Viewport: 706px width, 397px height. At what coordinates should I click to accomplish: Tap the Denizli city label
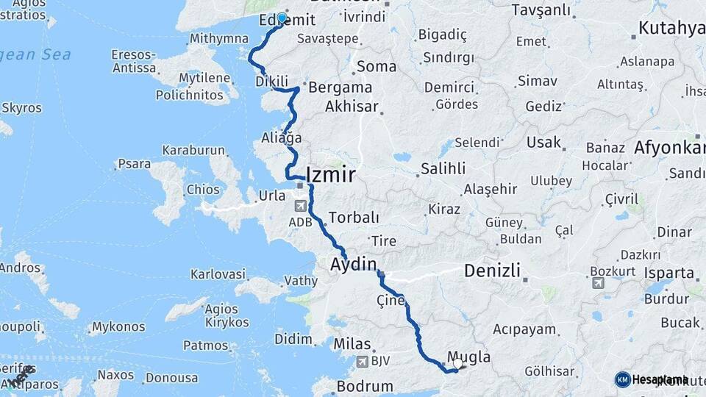(x=492, y=271)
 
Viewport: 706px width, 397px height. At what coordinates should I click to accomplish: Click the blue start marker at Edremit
(x=282, y=17)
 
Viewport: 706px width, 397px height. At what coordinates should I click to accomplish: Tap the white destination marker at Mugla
(x=458, y=362)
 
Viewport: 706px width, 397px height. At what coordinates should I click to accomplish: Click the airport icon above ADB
(x=300, y=207)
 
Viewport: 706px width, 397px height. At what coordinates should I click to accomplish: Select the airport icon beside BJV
(x=362, y=362)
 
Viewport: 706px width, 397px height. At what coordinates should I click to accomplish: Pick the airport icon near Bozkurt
(x=596, y=283)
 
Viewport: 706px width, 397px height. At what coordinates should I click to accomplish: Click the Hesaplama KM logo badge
(x=623, y=379)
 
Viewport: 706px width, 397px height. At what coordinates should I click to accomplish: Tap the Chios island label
(x=202, y=190)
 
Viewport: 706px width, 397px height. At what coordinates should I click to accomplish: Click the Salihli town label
(x=443, y=168)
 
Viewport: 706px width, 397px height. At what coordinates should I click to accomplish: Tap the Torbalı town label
(x=354, y=218)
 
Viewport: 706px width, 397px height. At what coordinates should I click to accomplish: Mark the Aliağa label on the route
(x=282, y=138)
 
